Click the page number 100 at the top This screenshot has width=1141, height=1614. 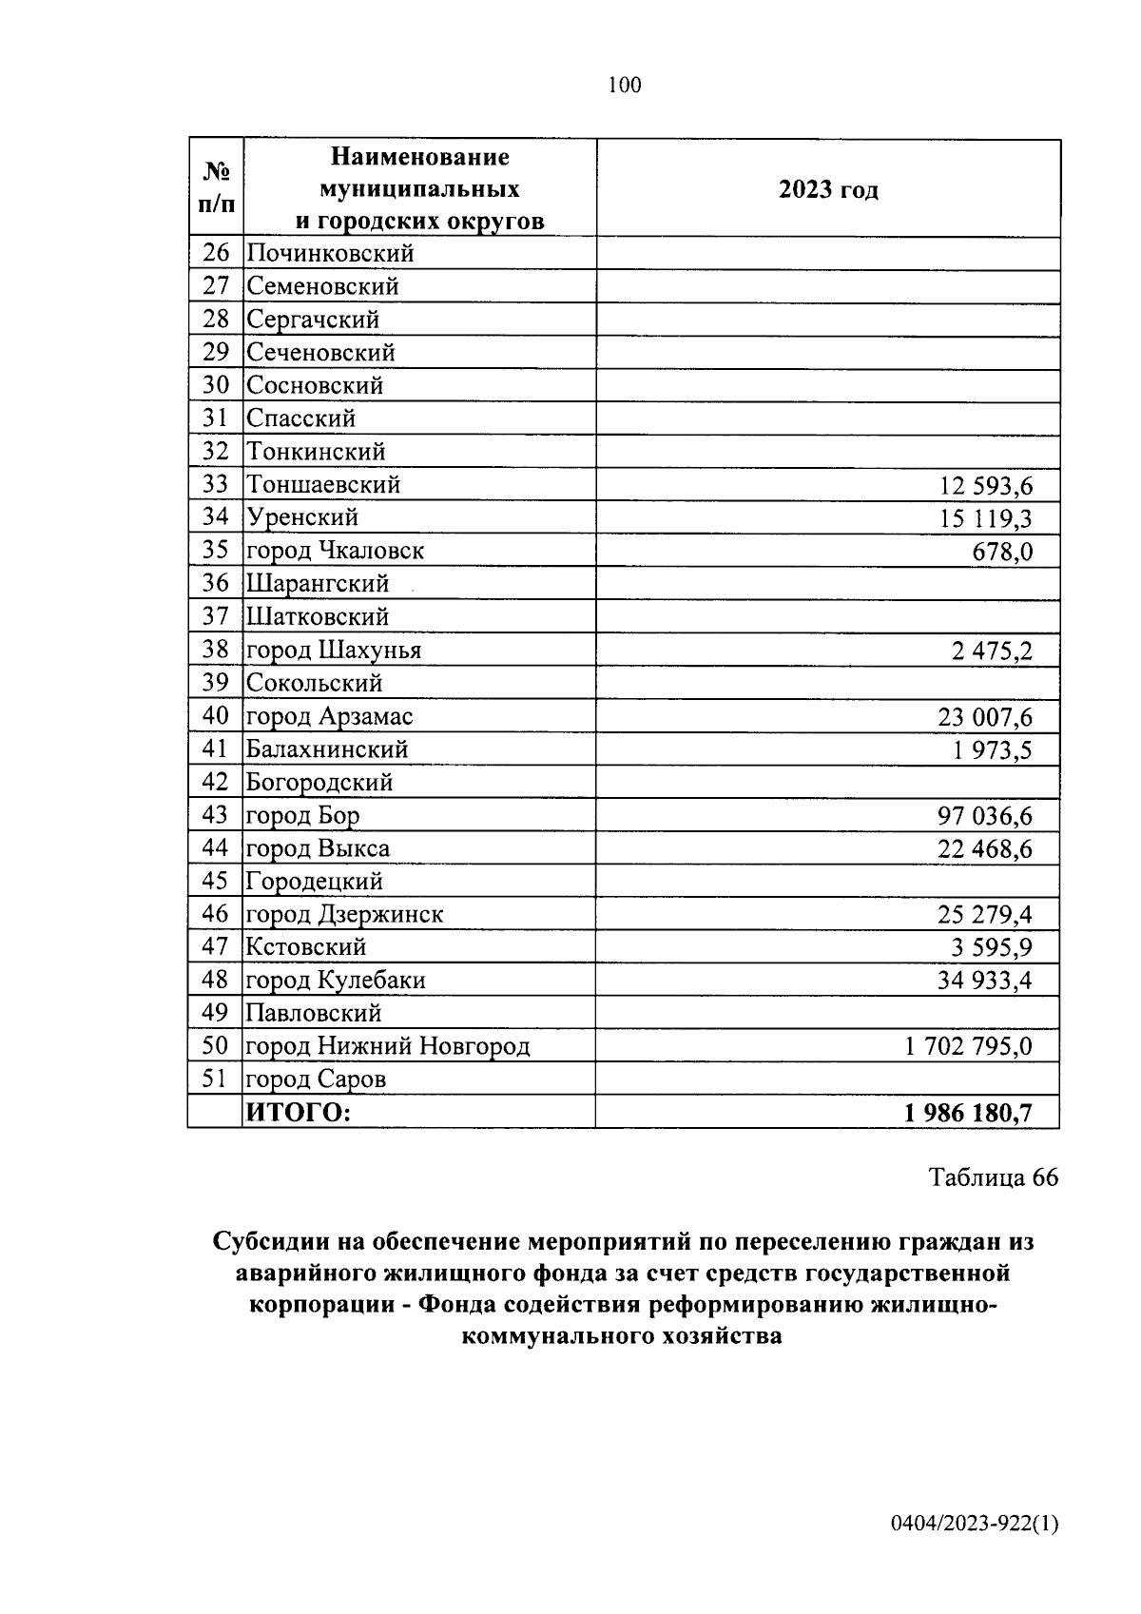click(624, 86)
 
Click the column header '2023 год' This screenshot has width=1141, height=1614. click(828, 189)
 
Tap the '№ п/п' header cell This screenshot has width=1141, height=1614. click(216, 187)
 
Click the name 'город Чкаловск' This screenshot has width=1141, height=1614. click(335, 551)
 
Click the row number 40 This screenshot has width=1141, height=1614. click(216, 716)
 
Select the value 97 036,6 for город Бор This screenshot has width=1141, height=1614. click(985, 816)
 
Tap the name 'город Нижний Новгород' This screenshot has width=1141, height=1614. click(388, 1046)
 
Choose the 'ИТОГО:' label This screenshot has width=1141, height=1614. click(299, 1112)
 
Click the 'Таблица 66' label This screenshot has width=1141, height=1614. click(993, 1177)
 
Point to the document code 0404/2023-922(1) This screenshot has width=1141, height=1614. click(975, 1525)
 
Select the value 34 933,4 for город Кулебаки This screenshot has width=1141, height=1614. click(985, 981)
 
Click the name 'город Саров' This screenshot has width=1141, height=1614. click(316, 1079)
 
